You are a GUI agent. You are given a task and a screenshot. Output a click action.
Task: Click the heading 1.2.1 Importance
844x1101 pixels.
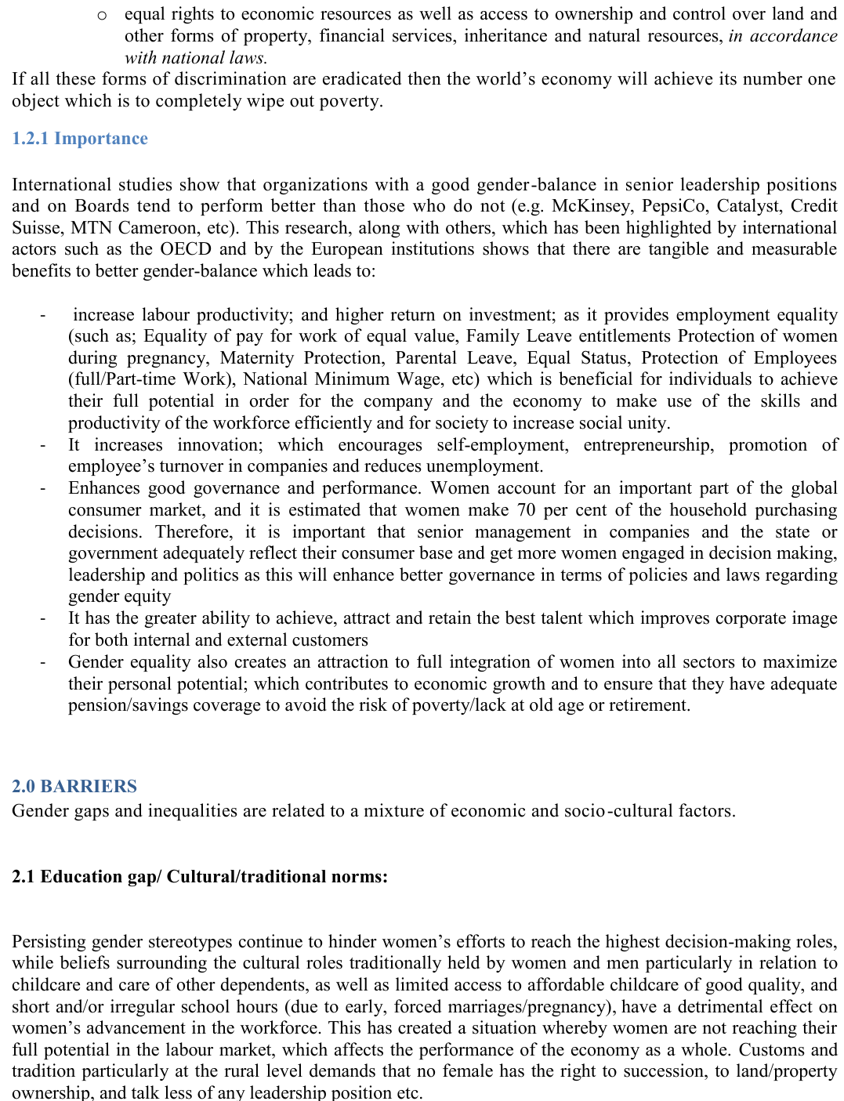[x=80, y=139]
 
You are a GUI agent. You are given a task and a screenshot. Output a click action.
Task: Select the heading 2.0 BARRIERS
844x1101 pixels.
[x=74, y=786]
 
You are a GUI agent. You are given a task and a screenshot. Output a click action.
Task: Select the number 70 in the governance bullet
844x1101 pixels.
[x=527, y=510]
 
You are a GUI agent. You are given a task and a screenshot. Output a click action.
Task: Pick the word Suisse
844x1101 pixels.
[x=35, y=228]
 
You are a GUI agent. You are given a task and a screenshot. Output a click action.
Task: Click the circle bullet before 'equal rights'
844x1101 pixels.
[x=102, y=15]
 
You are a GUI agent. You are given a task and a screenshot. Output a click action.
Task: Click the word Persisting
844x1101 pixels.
[x=49, y=941]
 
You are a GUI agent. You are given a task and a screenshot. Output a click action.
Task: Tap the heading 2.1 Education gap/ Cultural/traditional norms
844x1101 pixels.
[x=200, y=876]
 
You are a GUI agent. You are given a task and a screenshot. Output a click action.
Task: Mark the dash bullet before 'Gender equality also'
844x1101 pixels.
[x=44, y=663]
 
